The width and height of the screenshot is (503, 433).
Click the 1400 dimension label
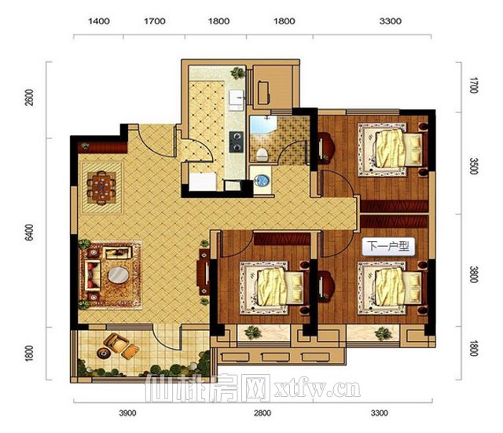pyautogui.click(x=99, y=21)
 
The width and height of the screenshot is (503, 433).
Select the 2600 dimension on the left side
pyautogui.click(x=29, y=97)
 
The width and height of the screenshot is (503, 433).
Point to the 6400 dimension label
pyautogui.click(x=29, y=233)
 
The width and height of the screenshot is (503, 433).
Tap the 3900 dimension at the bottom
pyautogui.click(x=127, y=413)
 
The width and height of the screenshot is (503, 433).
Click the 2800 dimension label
pyautogui.click(x=263, y=413)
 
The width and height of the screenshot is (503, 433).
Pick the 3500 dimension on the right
pyautogui.click(x=473, y=166)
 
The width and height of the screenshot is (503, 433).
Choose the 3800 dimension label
pyautogui.click(x=473, y=274)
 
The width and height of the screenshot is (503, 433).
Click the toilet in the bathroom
pyautogui.click(x=262, y=155)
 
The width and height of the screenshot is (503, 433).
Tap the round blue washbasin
pyautogui.click(x=262, y=180)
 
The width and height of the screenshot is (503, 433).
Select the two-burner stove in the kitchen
pyautogui.click(x=237, y=141)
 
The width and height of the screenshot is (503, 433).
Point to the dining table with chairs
pyautogui.click(x=101, y=188)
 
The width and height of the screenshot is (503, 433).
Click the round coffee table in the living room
pyautogui.click(x=119, y=275)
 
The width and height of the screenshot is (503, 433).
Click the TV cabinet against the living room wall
pyautogui.click(x=204, y=272)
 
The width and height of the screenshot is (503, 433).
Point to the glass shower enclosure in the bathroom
pyautogui.click(x=263, y=125)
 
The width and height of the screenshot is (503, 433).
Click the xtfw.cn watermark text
pyautogui.click(x=318, y=389)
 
